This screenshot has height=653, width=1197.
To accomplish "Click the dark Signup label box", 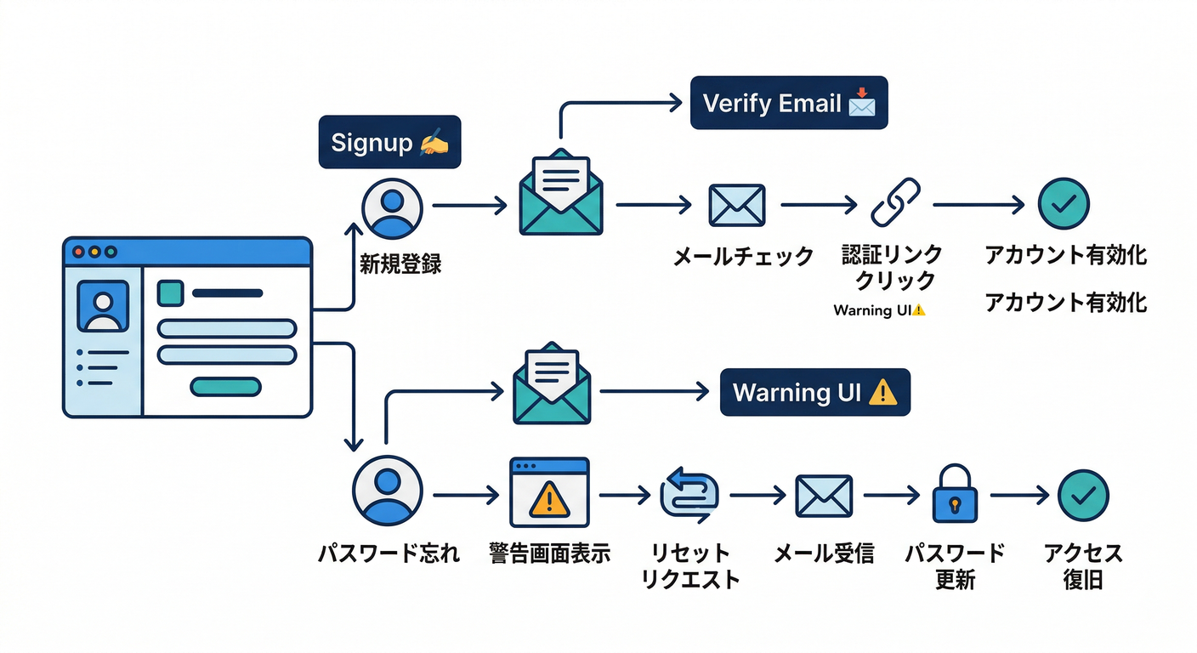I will [389, 142].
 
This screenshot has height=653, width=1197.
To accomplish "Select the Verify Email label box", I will [788, 103].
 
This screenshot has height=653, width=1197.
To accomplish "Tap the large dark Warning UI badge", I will [814, 392].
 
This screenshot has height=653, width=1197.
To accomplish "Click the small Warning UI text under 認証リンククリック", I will [879, 310].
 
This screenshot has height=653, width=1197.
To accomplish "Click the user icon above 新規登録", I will [392, 207].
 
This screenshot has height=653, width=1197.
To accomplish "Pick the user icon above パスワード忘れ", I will [387, 492].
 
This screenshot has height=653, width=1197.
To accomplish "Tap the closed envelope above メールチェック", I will [736, 205].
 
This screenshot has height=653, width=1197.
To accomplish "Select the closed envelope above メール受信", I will [823, 496].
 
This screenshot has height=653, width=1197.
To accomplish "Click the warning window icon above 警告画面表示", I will [549, 493].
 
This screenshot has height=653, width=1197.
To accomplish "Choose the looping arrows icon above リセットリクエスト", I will [689, 495].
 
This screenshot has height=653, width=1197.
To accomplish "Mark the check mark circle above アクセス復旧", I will [1083, 495].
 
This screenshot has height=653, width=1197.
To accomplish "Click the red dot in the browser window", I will [79, 253].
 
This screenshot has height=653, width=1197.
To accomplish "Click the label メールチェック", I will [743, 257].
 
